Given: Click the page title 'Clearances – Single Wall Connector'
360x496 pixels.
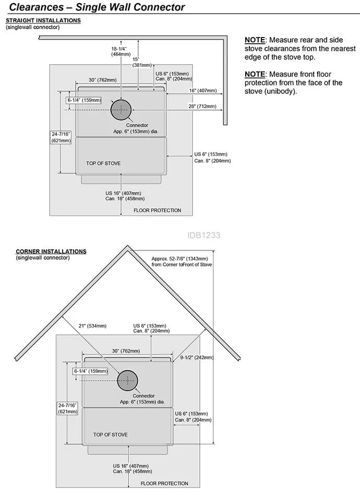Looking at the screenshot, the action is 97,7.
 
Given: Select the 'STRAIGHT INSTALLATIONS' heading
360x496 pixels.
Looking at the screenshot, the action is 43,20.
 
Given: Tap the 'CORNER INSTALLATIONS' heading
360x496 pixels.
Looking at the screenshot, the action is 51,251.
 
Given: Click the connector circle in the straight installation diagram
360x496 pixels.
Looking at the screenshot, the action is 121,110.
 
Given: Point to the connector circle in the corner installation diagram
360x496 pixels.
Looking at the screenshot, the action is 127,380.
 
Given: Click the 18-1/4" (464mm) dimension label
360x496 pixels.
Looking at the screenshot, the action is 121,52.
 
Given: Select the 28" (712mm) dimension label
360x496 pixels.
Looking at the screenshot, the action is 202,106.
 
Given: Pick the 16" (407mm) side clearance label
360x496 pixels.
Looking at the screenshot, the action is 203,90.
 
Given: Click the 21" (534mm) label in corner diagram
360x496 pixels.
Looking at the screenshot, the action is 92,326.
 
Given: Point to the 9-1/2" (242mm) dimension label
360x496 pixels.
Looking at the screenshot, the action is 197,357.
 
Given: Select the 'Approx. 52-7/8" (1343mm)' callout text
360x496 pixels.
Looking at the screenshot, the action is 179,259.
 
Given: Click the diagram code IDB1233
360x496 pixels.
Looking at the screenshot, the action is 203,235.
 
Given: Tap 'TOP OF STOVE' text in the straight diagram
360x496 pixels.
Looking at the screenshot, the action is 103,163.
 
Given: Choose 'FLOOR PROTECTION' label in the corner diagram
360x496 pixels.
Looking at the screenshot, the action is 164,483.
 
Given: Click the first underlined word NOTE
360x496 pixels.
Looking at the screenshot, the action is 255,40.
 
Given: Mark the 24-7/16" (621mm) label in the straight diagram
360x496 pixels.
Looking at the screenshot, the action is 61,137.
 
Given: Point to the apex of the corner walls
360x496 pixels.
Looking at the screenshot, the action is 127,246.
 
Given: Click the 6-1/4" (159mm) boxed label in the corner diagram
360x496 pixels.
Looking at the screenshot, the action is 90,371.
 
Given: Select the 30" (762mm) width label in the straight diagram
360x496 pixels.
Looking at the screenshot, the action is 102,80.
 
